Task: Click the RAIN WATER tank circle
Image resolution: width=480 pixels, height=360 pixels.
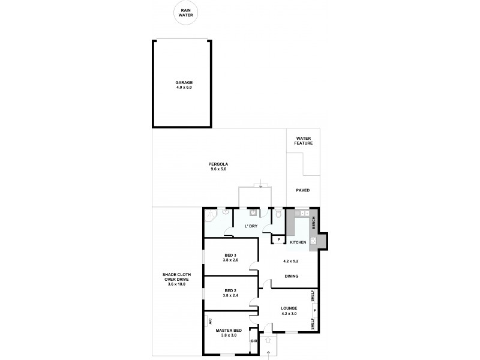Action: (184, 13)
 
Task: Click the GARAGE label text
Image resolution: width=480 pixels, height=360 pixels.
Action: (184, 85)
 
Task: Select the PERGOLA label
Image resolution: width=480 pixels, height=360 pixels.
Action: (219, 167)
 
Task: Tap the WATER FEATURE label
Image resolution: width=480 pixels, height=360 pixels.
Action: (303, 141)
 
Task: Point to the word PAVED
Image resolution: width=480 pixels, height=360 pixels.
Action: (303, 190)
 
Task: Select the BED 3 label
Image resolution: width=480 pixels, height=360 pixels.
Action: (230, 257)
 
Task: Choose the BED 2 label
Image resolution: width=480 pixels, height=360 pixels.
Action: (230, 293)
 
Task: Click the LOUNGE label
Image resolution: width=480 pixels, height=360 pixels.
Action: (289, 311)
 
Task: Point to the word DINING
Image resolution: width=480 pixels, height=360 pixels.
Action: (292, 276)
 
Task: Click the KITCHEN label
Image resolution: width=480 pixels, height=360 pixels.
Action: (298, 242)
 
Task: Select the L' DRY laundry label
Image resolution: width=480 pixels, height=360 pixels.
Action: (251, 226)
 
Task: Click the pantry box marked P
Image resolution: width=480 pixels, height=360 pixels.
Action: (279, 240)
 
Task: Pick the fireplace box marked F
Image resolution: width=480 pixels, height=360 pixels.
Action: (314, 310)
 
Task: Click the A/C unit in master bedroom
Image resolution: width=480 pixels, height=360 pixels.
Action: (210, 321)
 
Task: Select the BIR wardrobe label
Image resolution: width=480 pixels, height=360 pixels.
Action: (254, 341)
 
